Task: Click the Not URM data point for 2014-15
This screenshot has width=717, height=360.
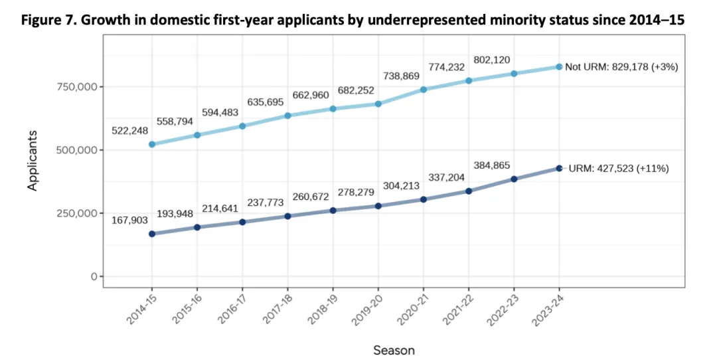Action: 152,144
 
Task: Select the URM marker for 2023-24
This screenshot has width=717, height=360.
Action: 559,169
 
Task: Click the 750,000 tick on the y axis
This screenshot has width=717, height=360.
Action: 74,87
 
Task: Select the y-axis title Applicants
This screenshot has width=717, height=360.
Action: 33,160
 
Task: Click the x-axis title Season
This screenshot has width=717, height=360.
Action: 394,350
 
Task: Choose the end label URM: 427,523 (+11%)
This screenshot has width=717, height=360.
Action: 618,169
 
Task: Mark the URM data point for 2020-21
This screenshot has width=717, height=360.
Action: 424,199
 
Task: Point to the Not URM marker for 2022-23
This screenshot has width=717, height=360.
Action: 514,74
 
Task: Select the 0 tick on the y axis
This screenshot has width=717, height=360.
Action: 94,276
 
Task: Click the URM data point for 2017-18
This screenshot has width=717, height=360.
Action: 288,216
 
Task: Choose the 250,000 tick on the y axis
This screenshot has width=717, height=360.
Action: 74,213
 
